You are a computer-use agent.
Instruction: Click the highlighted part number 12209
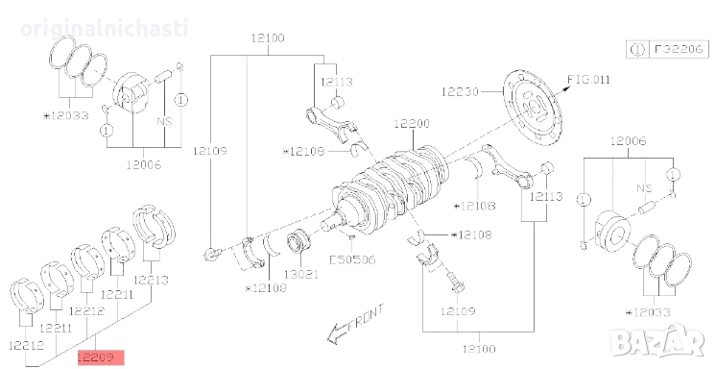(x=101, y=356)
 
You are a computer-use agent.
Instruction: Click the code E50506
(x=353, y=258)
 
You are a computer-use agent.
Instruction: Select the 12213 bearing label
(x=150, y=281)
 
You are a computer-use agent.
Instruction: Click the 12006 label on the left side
(x=142, y=164)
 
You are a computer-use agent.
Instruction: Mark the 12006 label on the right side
(x=631, y=141)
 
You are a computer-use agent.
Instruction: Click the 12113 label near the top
(x=337, y=82)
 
